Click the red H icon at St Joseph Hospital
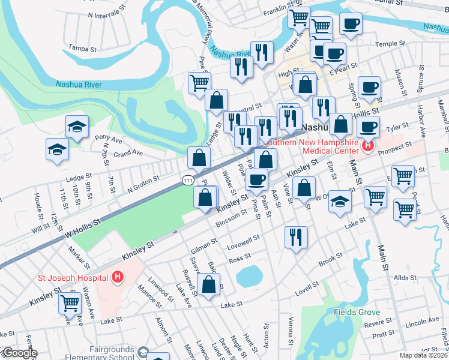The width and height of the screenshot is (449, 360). [118, 277]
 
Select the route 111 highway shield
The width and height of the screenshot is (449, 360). [188, 180]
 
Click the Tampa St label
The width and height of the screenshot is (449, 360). [82, 47]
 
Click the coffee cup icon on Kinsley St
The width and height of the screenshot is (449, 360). [257, 179]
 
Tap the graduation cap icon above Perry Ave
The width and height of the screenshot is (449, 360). [77, 126]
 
